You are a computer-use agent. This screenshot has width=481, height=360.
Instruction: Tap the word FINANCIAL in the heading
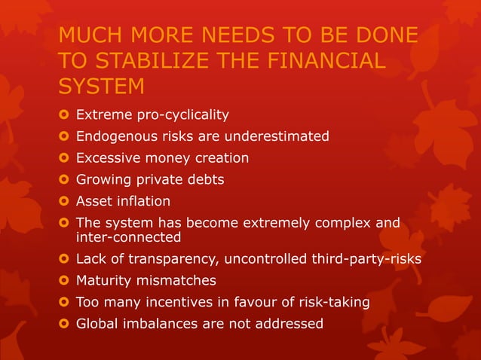[x=320, y=60]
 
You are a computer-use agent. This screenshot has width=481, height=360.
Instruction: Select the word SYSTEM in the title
[x=101, y=87]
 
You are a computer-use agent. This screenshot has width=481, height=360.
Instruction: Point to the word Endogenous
[x=115, y=136]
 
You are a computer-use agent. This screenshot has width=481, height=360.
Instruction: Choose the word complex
[x=341, y=223]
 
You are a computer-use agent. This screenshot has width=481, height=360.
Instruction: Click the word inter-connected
[x=129, y=237]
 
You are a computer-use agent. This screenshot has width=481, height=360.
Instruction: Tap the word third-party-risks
[x=360, y=259]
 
